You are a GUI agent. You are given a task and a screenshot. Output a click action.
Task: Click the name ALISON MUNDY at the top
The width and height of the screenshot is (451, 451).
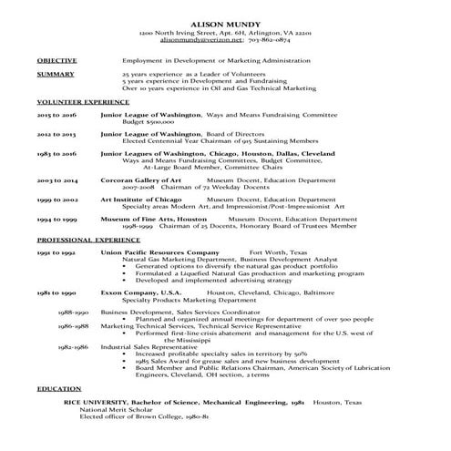click(x=226, y=22)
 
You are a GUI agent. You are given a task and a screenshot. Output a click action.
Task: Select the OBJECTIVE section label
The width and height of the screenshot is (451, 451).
click(x=57, y=60)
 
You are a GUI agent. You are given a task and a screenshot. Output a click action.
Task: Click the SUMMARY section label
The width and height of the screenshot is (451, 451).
click(x=56, y=73)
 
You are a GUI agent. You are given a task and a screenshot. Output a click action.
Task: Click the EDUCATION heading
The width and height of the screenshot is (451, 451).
click(x=59, y=389)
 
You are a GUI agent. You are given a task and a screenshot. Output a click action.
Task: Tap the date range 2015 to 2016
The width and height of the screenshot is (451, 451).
click(x=57, y=117)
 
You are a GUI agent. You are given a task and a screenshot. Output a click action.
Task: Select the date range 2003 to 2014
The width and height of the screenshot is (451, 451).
click(x=57, y=181)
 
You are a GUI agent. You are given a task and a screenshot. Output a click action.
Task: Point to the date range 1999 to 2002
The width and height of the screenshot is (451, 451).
click(x=57, y=199)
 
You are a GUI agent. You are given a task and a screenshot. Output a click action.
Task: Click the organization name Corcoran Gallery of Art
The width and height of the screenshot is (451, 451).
click(x=141, y=181)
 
